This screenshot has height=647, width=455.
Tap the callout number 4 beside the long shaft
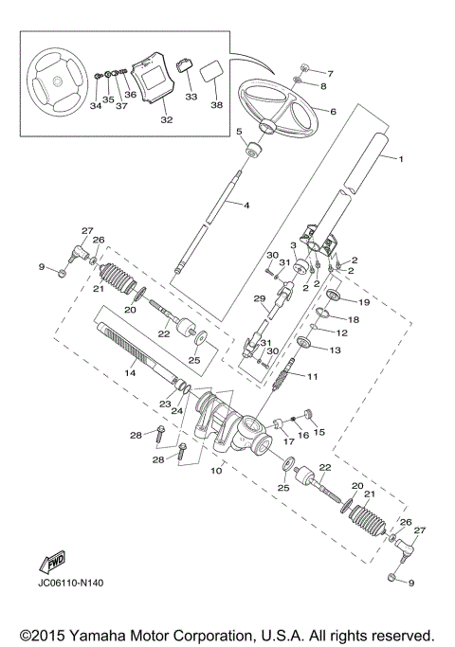tap(246, 205)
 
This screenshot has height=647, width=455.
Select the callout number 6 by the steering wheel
tap(333, 111)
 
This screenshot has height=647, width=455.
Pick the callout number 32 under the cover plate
tap(167, 119)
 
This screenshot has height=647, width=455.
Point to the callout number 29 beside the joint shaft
tap(258, 298)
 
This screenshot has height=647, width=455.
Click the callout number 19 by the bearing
tap(364, 302)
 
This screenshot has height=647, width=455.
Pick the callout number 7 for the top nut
tap(330, 73)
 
